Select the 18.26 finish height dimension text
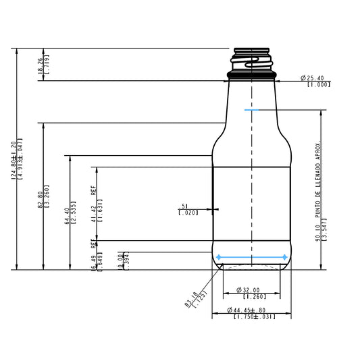(42, 65)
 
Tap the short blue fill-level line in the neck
(251, 109)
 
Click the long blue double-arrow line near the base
(251, 257)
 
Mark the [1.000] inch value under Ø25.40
(318, 84)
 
